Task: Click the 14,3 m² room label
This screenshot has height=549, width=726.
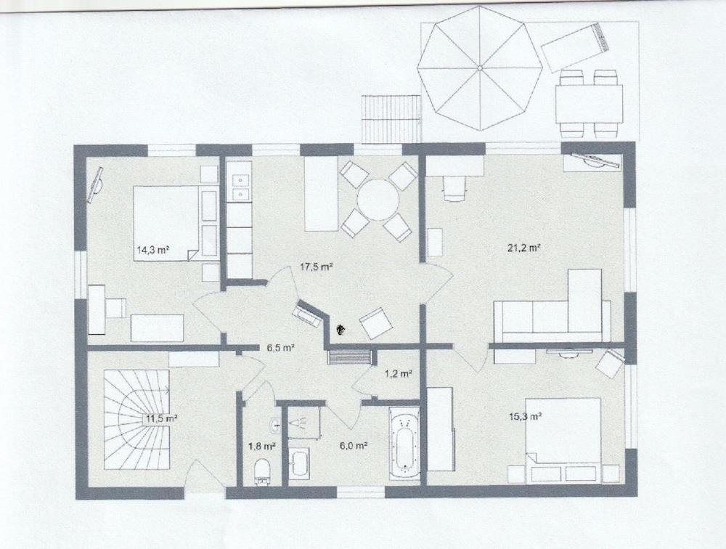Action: pyautogui.click(x=152, y=251)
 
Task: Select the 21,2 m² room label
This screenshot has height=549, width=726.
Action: pyautogui.click(x=523, y=248)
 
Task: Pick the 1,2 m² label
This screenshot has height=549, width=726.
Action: pyautogui.click(x=398, y=374)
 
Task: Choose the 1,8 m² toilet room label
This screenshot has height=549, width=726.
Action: pyautogui.click(x=262, y=446)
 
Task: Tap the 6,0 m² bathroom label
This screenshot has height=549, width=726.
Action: pyautogui.click(x=351, y=446)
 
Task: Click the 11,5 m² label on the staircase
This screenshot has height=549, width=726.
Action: pyautogui.click(x=161, y=418)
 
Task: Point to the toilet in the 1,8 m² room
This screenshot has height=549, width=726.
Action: pyautogui.click(x=263, y=471)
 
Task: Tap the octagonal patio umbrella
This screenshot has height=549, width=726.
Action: pyautogui.click(x=480, y=68)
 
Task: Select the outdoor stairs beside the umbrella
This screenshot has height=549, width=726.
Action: pyautogui.click(x=392, y=119)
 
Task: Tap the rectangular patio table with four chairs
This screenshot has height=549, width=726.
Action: pyautogui.click(x=589, y=104)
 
